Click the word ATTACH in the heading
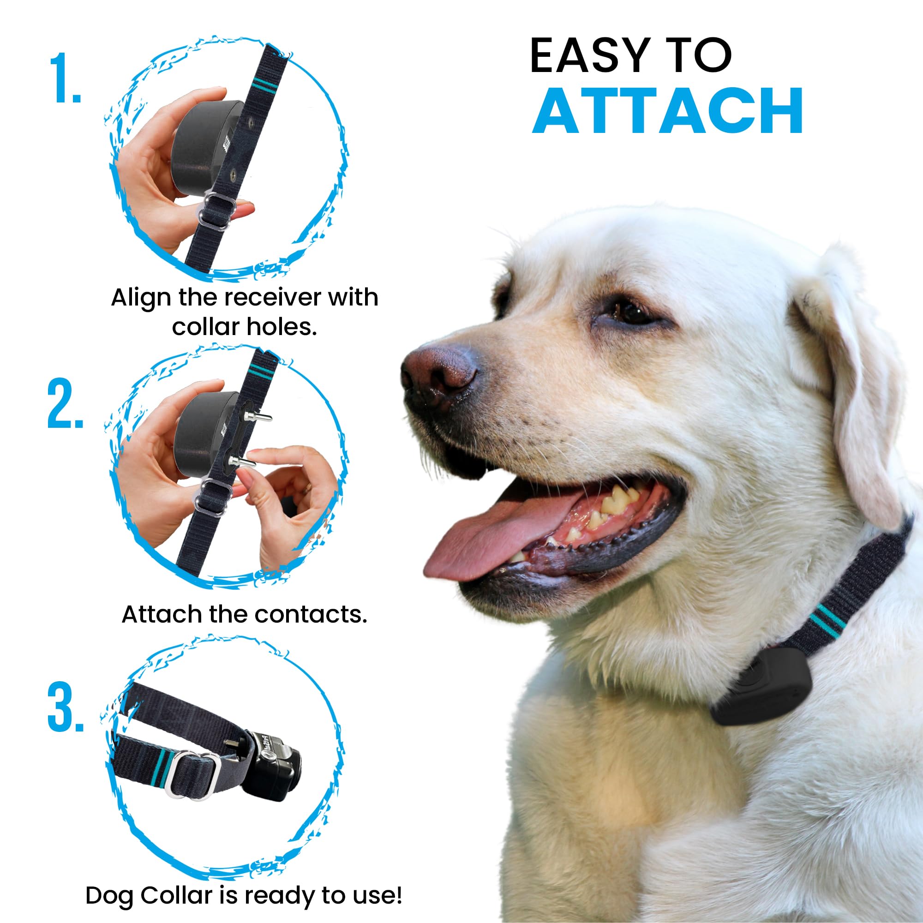pyautogui.click(x=667, y=111)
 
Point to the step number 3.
pyautogui.click(x=66, y=708)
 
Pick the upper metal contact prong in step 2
pyautogui.click(x=258, y=417)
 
